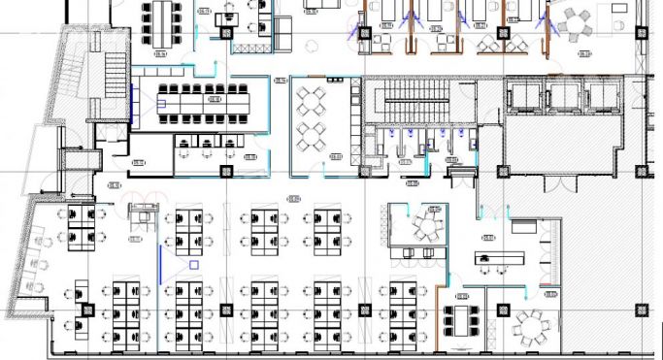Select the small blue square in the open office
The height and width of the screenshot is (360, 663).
(193, 264)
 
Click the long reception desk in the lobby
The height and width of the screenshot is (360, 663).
(499, 258)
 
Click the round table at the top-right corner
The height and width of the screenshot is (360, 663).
(579, 20)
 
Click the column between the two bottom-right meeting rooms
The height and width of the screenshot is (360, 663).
(504, 311)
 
